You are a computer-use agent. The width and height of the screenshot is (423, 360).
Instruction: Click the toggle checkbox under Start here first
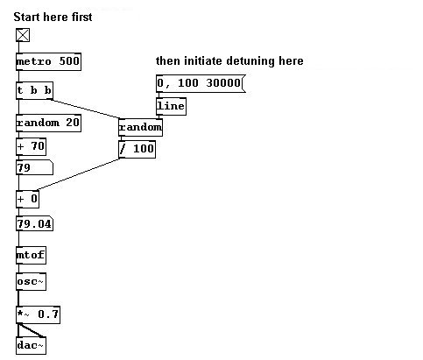(x=23, y=35)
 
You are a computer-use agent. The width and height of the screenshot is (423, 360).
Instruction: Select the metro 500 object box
(x=48, y=61)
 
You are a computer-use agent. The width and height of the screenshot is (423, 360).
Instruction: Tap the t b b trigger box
(x=34, y=90)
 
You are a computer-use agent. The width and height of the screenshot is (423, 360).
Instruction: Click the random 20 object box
(x=48, y=123)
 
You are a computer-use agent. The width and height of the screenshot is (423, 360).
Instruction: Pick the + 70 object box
(x=31, y=146)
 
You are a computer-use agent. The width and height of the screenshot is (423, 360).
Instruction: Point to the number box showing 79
(x=34, y=167)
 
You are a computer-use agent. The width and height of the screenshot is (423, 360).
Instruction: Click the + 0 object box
(x=27, y=199)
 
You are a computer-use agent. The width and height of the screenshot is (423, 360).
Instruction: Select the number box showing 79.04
(x=34, y=224)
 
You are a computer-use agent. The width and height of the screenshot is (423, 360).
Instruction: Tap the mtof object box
(x=31, y=255)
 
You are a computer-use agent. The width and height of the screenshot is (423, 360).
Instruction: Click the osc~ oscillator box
(x=31, y=282)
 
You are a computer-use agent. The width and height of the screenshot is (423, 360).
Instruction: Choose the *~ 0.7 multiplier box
(x=38, y=314)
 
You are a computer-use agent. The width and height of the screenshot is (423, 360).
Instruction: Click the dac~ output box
(x=31, y=346)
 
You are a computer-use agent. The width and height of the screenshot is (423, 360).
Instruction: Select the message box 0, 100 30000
(x=201, y=83)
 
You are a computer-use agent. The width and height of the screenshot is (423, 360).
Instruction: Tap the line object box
(x=171, y=106)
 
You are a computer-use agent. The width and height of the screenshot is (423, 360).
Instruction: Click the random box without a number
(x=140, y=127)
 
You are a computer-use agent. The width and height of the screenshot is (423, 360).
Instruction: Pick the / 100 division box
(x=137, y=150)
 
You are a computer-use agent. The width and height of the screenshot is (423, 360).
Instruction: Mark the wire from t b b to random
(x=85, y=109)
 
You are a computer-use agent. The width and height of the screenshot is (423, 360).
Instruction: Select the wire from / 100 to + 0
(x=78, y=174)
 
